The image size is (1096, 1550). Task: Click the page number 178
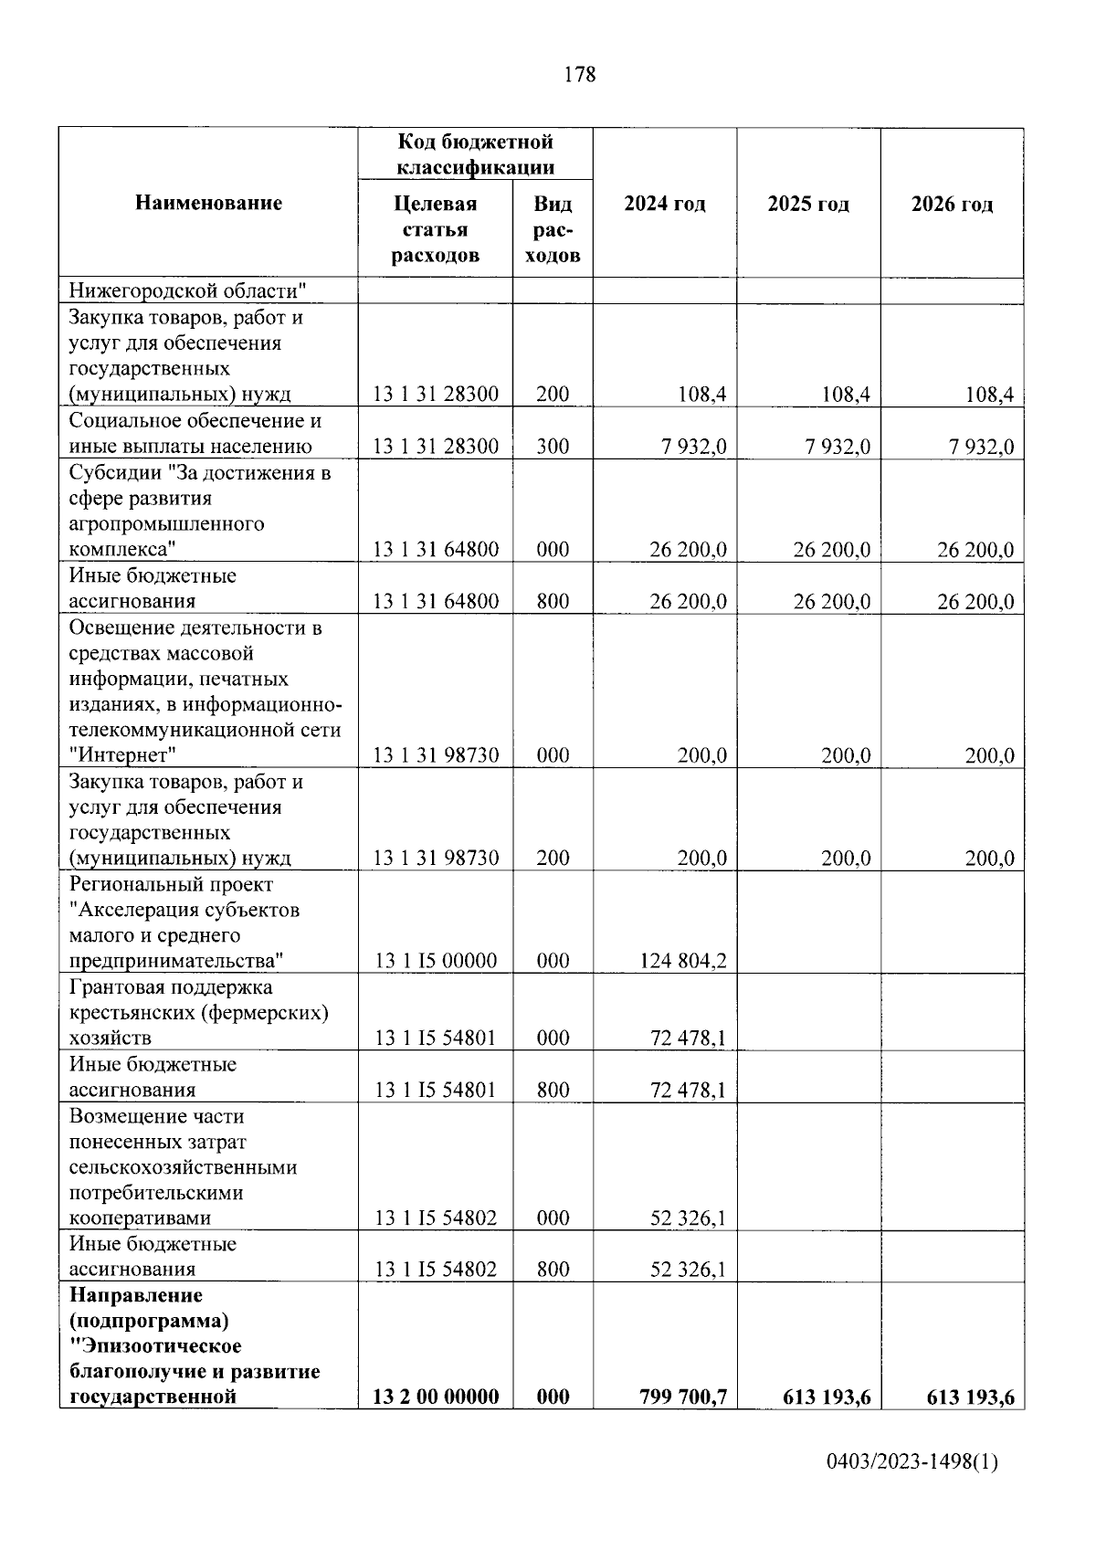click(x=580, y=75)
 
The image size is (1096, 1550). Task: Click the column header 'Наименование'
click(x=208, y=203)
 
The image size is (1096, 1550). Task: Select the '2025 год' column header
click(x=808, y=204)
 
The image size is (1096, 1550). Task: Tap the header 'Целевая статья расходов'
click(x=435, y=228)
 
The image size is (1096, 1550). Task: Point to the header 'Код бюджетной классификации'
click(x=475, y=154)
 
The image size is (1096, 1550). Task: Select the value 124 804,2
click(x=684, y=961)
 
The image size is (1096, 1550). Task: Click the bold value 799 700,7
click(x=683, y=1397)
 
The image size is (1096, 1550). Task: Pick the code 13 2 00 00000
click(x=436, y=1397)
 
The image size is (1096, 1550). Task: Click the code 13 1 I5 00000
click(x=436, y=961)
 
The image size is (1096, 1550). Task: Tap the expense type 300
click(x=553, y=447)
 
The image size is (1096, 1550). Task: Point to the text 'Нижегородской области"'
click(x=187, y=291)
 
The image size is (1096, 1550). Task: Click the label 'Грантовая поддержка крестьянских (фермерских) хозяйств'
click(x=198, y=1012)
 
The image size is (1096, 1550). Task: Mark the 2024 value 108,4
click(x=701, y=395)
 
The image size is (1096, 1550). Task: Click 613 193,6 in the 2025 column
click(x=827, y=1397)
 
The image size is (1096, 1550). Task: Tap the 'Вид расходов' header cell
click(x=553, y=228)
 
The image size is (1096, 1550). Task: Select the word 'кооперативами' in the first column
click(x=140, y=1218)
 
